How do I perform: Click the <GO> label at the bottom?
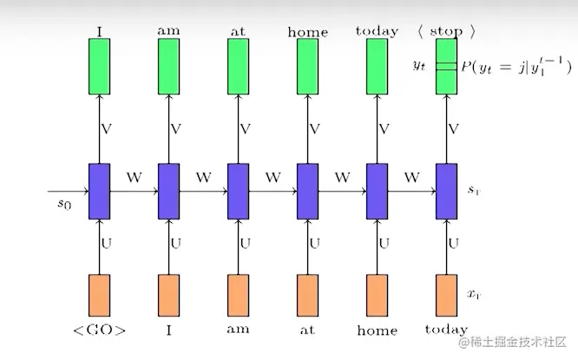pos(101,330)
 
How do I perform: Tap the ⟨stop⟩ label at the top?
pos(446,31)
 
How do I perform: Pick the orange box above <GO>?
pos(100,297)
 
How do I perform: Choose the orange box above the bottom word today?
pos(446,297)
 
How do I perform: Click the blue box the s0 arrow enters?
pos(100,191)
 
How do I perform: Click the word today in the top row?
pos(377,31)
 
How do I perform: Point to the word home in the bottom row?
pos(377,330)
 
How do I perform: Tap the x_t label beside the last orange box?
pos(474,295)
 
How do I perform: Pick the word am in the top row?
pos(168,31)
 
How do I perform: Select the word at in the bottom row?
pos(307,330)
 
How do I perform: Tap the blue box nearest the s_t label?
pos(446,191)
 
